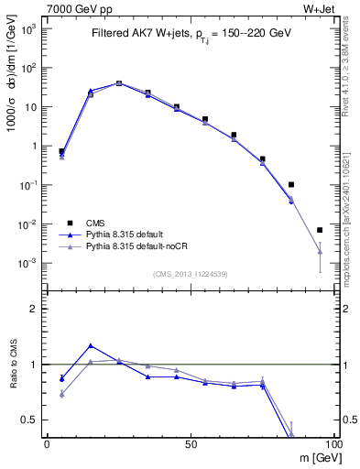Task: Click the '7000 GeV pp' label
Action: (x=73, y=7)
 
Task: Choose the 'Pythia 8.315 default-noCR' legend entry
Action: (x=138, y=246)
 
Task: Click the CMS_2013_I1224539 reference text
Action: (x=191, y=272)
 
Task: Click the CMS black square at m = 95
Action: (x=320, y=230)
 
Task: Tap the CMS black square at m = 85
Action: (x=291, y=185)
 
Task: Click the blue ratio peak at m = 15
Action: (x=90, y=345)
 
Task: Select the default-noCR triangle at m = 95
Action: (x=320, y=252)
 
